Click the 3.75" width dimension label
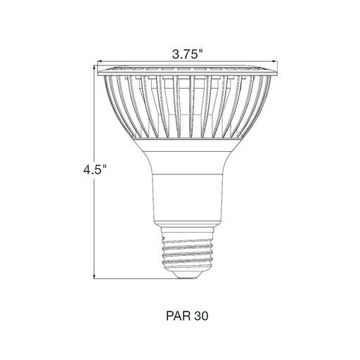coord(187,55)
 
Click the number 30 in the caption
coord(201,316)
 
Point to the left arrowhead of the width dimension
coord(99,61)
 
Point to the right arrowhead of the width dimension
coord(276,61)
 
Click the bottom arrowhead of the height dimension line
coord(94,277)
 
